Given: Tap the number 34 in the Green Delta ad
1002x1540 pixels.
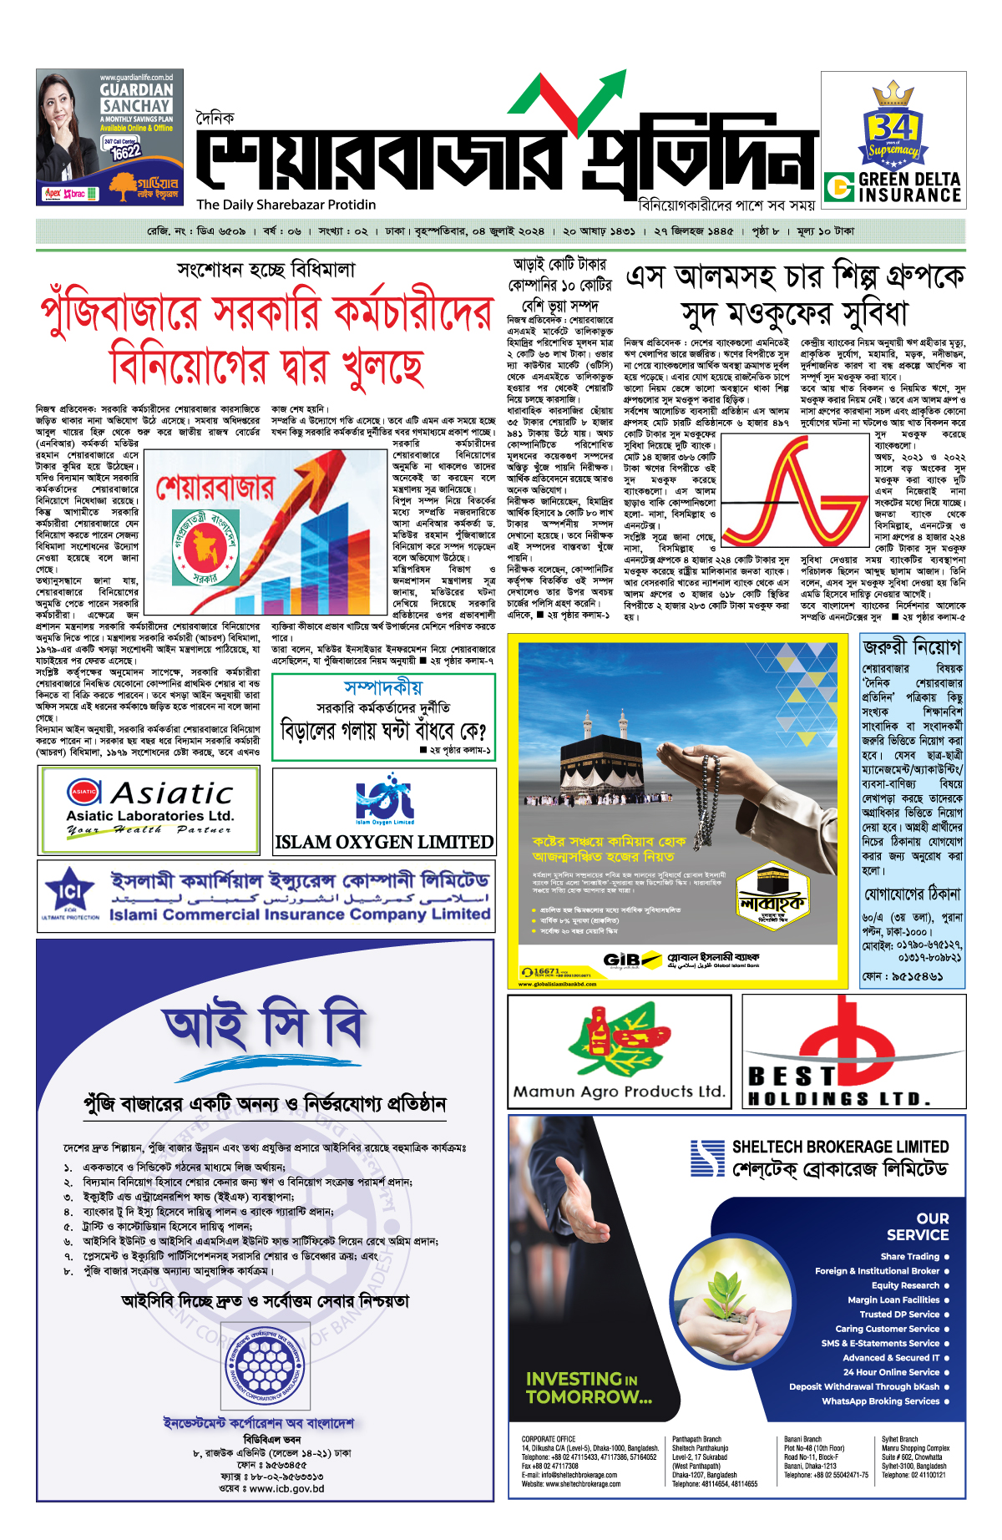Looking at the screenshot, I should pyautogui.click(x=893, y=128).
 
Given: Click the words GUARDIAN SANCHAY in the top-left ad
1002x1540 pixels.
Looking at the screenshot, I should pyautogui.click(x=137, y=98).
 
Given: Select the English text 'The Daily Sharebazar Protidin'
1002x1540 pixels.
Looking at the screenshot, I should pyautogui.click(x=286, y=205).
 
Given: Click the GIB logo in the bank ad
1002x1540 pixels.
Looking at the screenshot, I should pyautogui.click(x=622, y=960).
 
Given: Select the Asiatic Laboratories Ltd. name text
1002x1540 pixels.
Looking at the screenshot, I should pyautogui.click(x=150, y=815).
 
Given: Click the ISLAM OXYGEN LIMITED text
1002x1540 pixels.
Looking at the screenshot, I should pyautogui.click(x=384, y=842).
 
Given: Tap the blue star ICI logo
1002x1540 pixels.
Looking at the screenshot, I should pyautogui.click(x=70, y=892).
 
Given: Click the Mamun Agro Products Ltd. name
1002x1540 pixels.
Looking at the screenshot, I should pyautogui.click(x=619, y=1091).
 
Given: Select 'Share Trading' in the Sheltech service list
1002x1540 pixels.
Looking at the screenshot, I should pyautogui.click(x=909, y=1256).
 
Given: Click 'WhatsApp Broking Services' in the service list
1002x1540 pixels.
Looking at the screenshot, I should pyautogui.click(x=880, y=1401).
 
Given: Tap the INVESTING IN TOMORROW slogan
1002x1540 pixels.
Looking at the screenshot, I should pyautogui.click(x=588, y=1387).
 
